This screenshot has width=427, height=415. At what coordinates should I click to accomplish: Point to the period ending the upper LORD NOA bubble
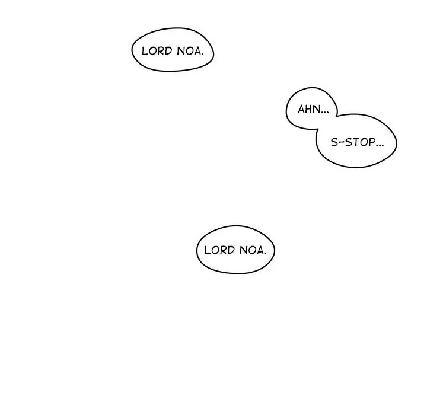tap(202, 54)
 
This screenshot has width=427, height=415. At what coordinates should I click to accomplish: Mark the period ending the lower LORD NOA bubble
tap(265, 253)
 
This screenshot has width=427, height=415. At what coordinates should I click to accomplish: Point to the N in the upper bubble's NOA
tap(180, 51)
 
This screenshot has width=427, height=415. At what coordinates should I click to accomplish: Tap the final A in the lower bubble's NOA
tap(260, 250)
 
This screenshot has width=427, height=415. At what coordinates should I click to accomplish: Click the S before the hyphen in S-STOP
tap(333, 143)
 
